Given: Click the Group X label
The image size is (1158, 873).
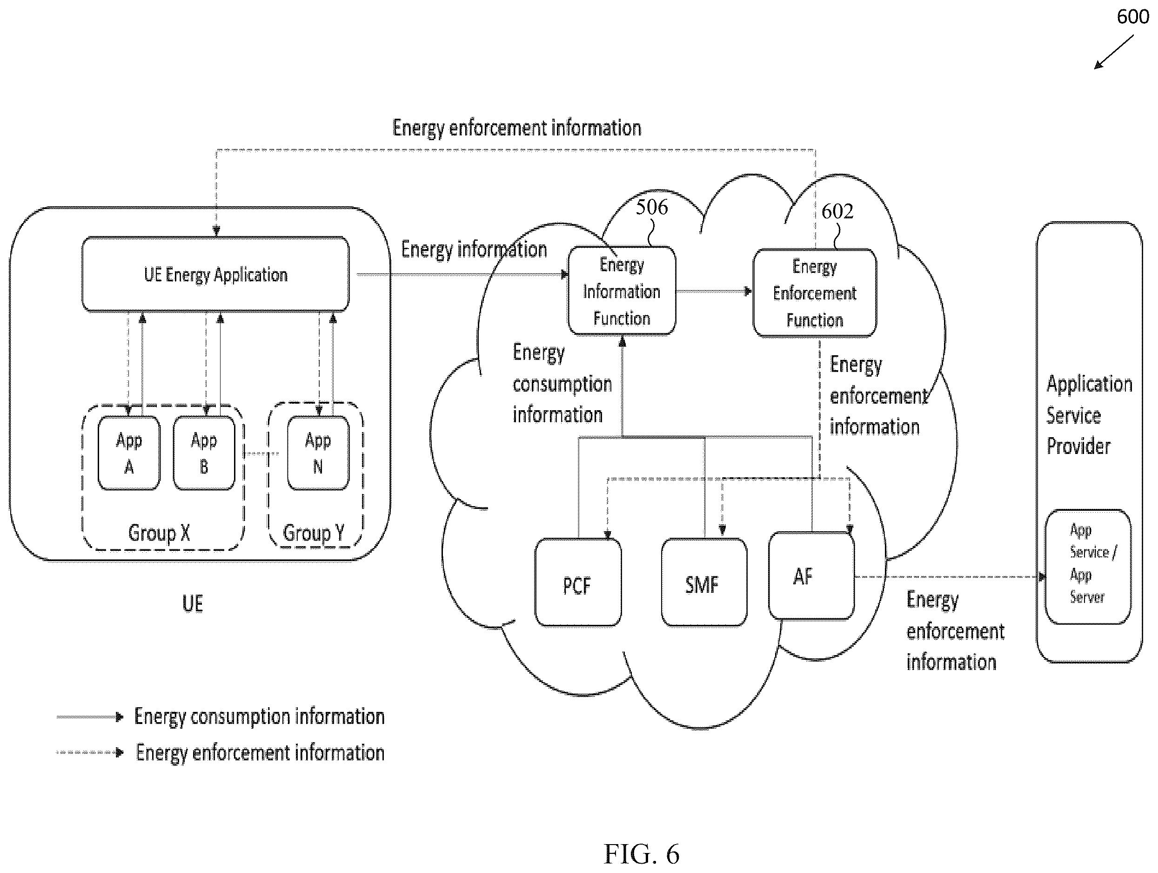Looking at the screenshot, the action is (x=159, y=533).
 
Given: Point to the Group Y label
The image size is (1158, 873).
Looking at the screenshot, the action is (x=314, y=533).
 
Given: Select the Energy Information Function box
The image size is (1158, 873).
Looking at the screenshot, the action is (x=622, y=291).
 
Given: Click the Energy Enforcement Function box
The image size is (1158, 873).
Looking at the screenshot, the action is (x=815, y=293).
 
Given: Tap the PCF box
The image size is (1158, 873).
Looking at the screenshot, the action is (x=578, y=582).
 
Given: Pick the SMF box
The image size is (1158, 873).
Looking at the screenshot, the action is (x=704, y=582).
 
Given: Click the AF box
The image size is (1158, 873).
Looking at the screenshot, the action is (x=811, y=575).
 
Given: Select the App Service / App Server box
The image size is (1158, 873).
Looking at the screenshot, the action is (x=1088, y=567).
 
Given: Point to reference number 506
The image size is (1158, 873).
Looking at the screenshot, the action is (x=652, y=208).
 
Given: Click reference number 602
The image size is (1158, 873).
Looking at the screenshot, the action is (x=837, y=211).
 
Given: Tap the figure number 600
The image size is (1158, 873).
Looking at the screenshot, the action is (x=1133, y=17).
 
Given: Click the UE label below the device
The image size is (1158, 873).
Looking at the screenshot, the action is (x=192, y=604).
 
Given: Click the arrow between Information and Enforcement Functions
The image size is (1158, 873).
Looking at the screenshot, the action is (x=714, y=291).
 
